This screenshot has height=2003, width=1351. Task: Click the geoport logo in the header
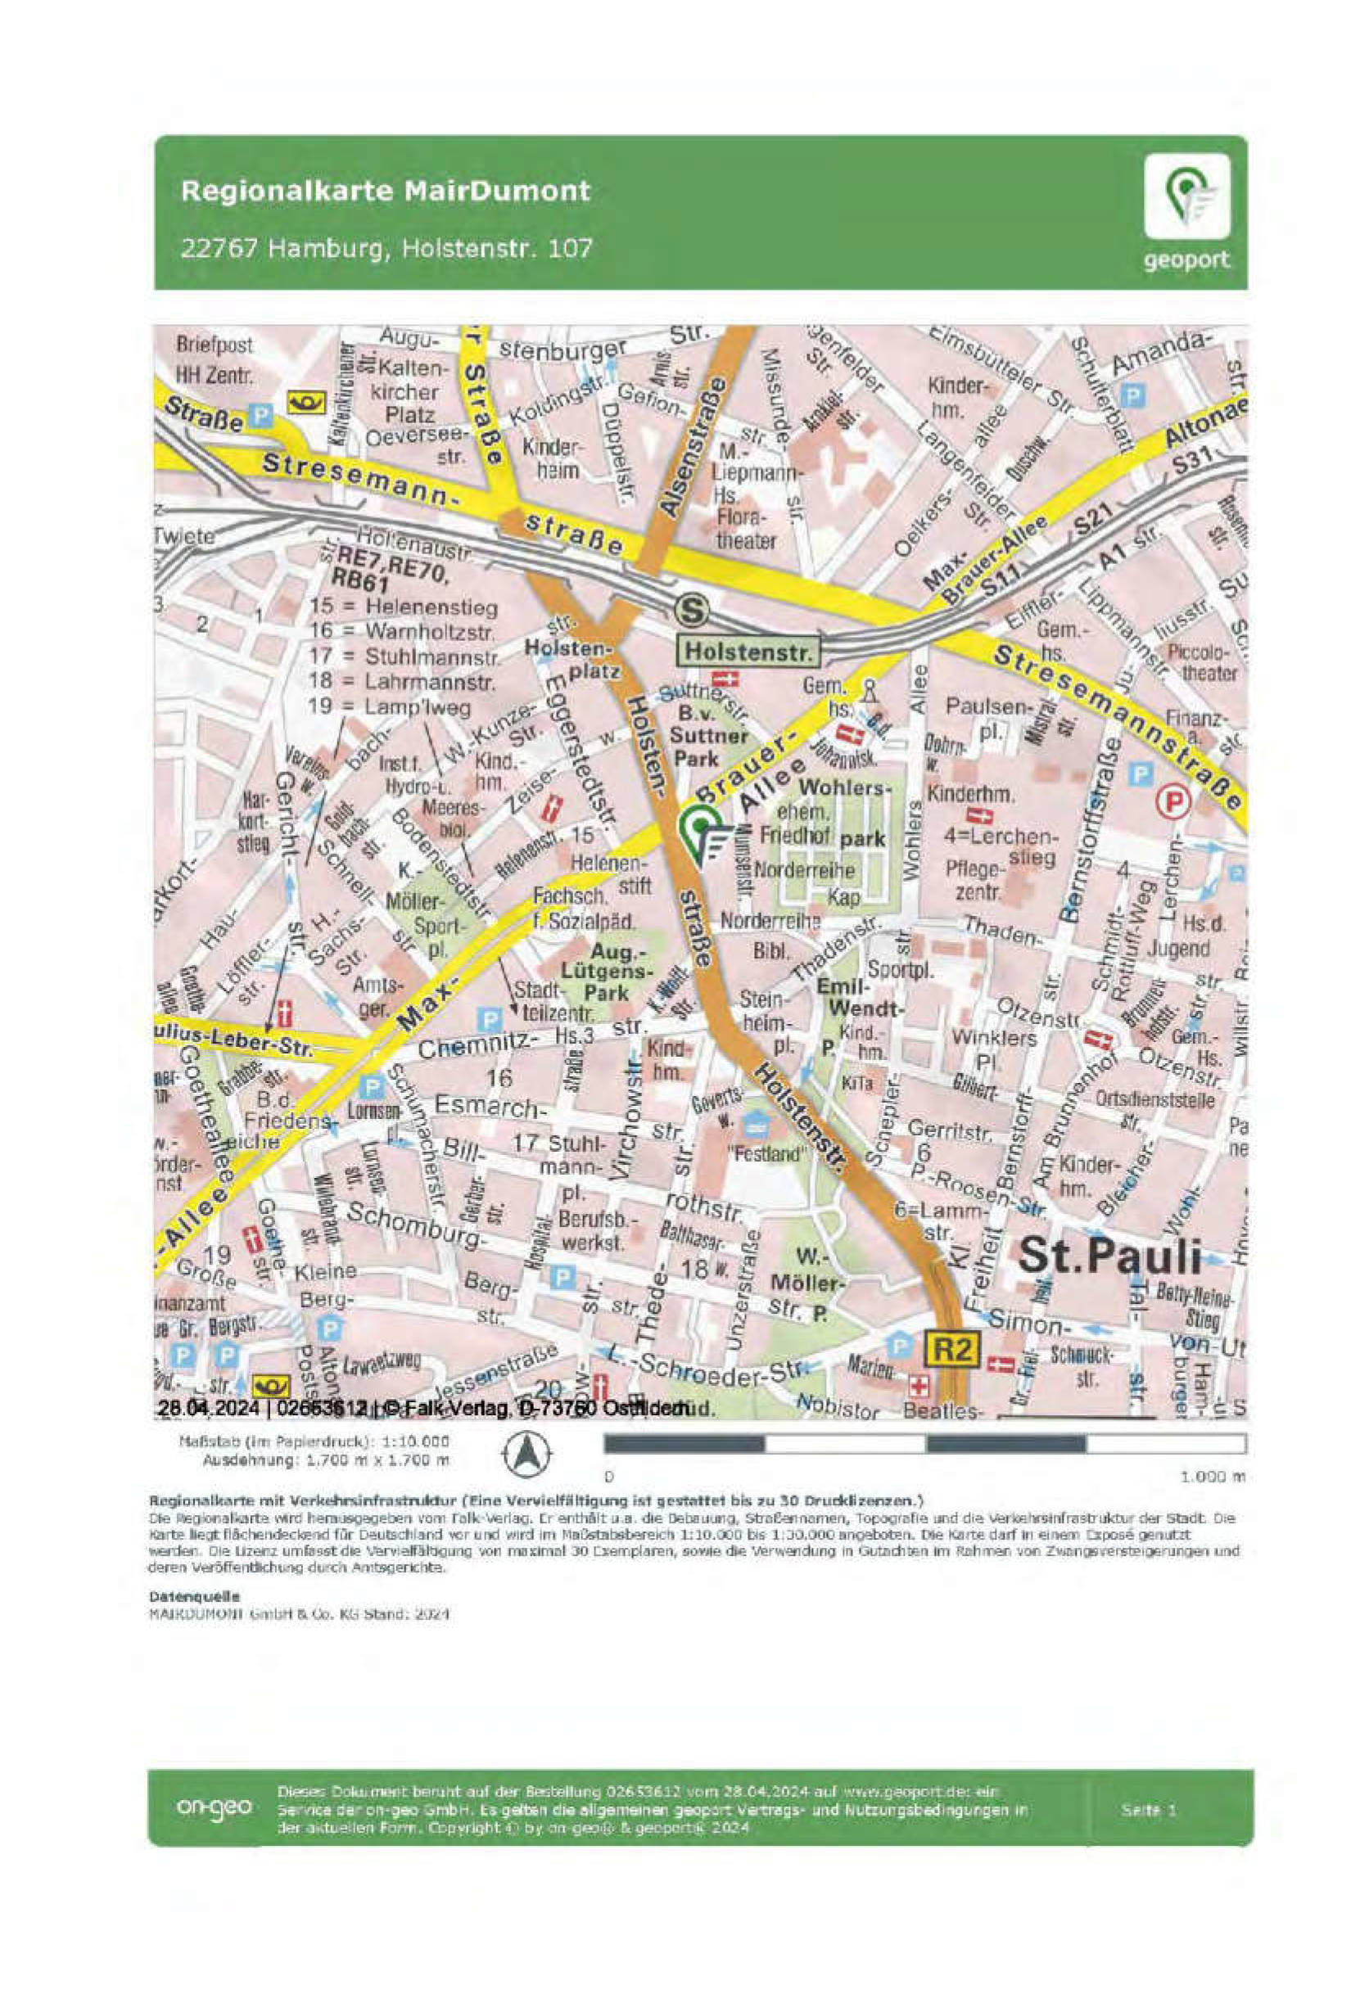point(1186,212)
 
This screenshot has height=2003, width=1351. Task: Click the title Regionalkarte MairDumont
point(386,190)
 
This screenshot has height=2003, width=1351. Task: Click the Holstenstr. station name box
point(748,652)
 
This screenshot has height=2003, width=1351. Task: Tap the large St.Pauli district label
point(1109,1256)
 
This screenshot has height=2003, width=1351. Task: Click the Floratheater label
point(746,530)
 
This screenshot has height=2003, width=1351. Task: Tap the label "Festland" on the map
point(765,1154)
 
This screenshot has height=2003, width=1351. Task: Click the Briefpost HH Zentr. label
point(215,360)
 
